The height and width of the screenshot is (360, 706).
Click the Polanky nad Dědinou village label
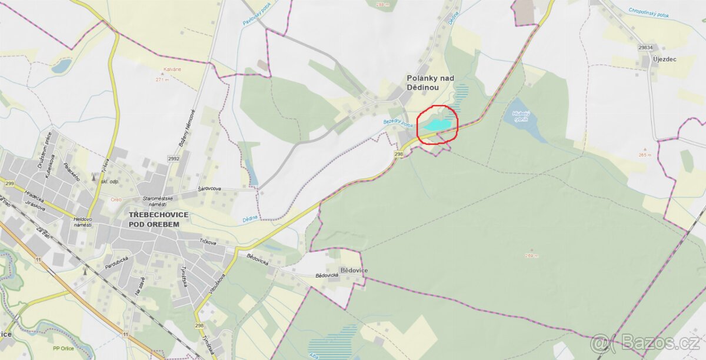(x=429, y=82)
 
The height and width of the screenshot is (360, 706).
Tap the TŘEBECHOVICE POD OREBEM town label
(x=159, y=219)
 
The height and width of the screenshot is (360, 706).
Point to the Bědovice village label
(x=354, y=271)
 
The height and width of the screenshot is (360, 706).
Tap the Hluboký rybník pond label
(x=520, y=116)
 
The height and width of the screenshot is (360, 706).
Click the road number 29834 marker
(x=646, y=47)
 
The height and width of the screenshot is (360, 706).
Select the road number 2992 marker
(x=173, y=159)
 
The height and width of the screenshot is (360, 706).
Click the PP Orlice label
(x=63, y=348)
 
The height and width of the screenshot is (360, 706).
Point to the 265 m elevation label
(x=645, y=155)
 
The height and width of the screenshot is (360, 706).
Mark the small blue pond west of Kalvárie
(x=61, y=66)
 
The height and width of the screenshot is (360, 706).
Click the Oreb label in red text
(x=116, y=199)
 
